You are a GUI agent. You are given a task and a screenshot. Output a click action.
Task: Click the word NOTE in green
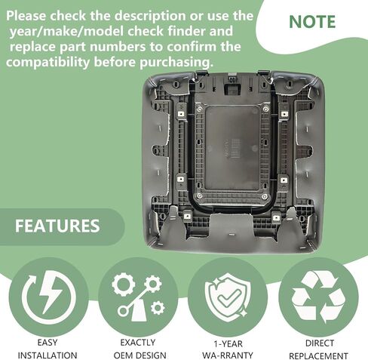(312, 22)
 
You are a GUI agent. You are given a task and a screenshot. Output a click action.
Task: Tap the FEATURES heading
(57, 226)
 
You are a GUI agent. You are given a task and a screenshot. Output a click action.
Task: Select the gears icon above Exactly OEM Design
(138, 297)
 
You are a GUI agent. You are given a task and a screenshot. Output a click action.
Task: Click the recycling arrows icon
(318, 297)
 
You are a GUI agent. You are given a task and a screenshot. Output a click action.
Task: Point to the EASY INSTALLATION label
(48, 349)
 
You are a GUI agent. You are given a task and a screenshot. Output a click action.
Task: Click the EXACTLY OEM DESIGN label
(140, 349)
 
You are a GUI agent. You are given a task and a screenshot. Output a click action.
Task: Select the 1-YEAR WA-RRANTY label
(228, 349)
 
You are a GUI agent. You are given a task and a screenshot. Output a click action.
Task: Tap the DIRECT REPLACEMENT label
(318, 349)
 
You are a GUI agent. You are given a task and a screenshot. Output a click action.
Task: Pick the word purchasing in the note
(176, 62)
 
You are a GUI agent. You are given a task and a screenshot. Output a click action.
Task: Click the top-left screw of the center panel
(199, 109)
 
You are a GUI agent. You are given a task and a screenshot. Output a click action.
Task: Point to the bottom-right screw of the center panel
(264, 196)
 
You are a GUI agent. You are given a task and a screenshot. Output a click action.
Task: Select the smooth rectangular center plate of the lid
(232, 148)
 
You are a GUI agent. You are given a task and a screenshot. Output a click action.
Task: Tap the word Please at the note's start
(26, 16)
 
